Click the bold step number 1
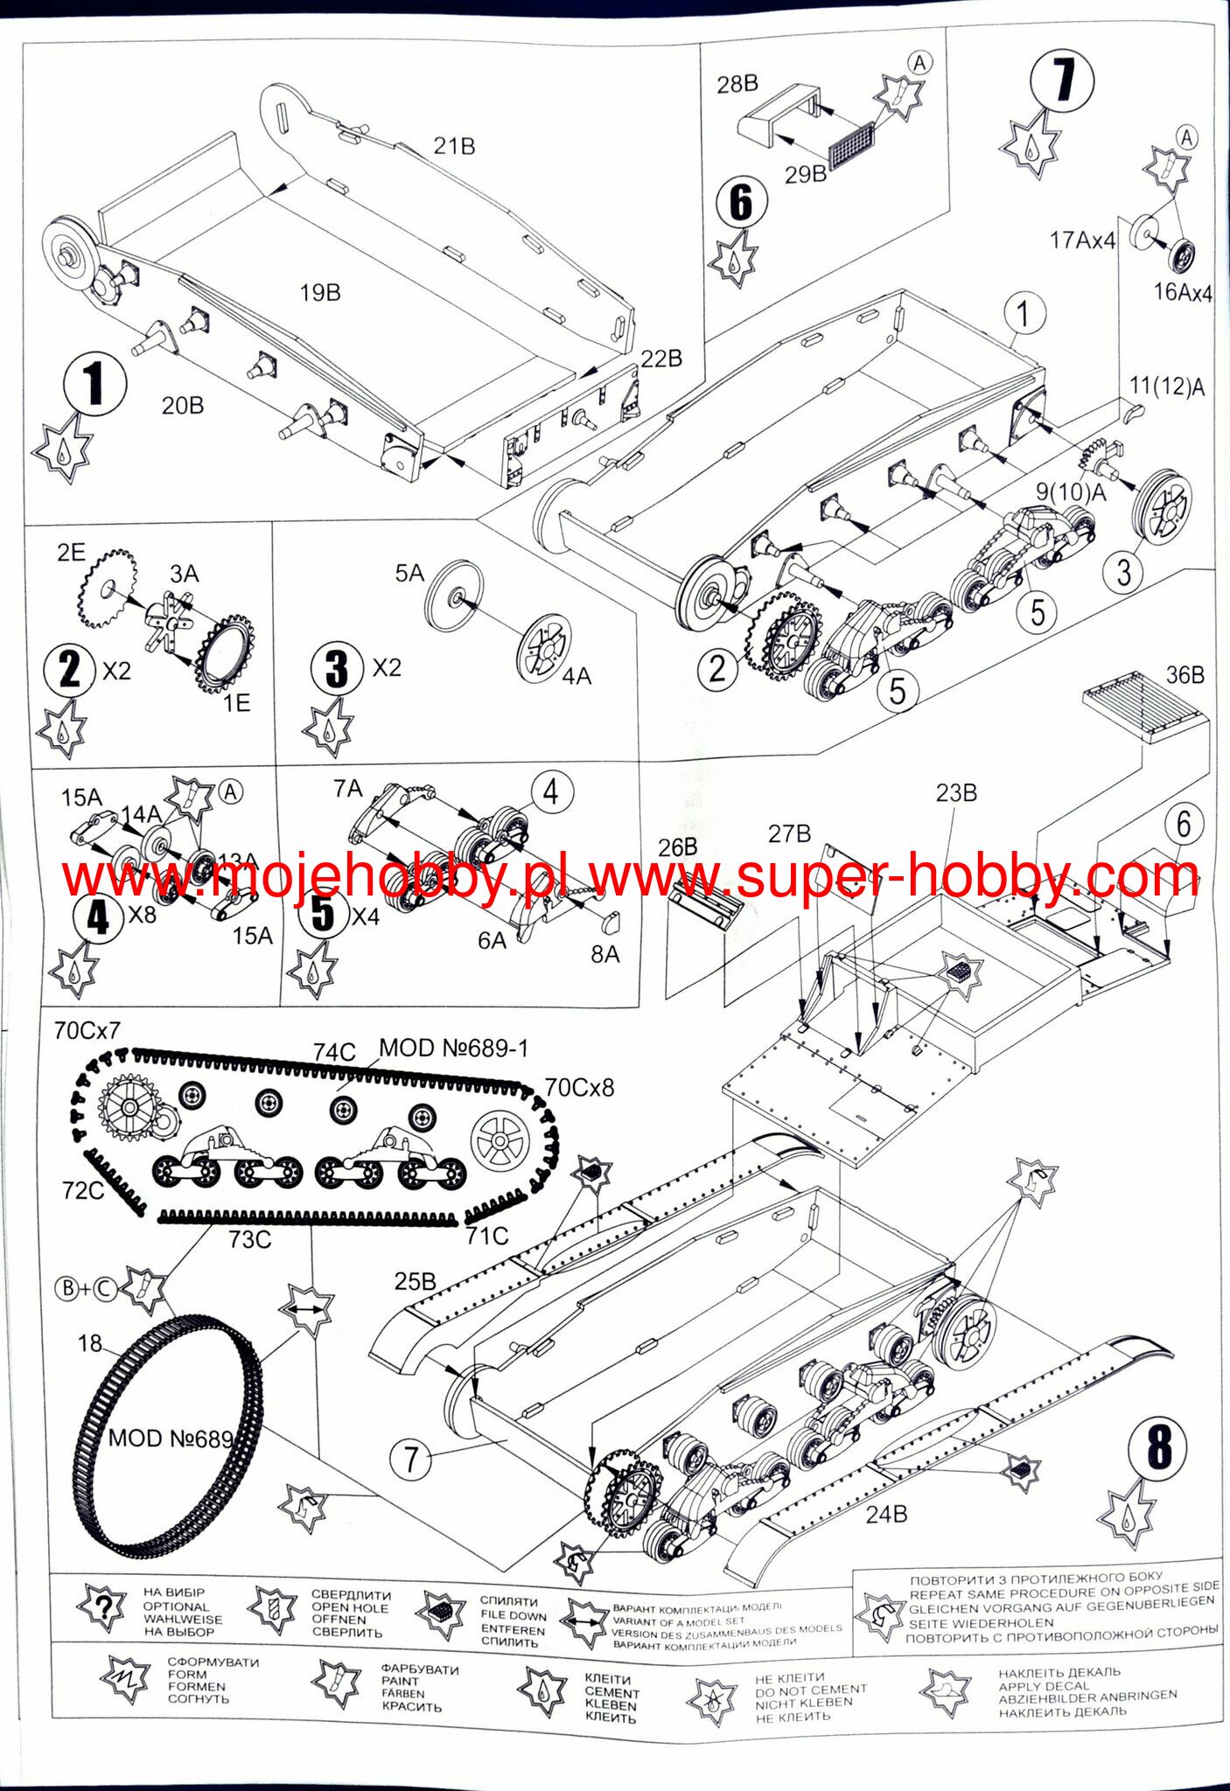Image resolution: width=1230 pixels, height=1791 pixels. point(94,384)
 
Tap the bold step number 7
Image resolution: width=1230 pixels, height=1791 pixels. point(1063,81)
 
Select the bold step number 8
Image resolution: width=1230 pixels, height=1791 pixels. point(1158,1448)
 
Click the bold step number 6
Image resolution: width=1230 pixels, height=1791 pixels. point(741,203)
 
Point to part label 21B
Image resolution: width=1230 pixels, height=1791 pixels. point(454,146)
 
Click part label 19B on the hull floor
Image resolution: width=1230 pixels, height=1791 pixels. point(320,293)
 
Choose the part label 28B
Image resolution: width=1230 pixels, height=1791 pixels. point(737,84)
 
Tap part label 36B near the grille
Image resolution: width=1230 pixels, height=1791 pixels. point(1185,675)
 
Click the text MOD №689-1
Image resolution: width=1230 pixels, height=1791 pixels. point(453,1048)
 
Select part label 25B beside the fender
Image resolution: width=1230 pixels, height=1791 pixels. point(415,1281)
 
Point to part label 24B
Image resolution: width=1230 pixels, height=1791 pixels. point(886,1514)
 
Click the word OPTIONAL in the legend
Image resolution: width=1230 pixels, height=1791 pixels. point(176,1606)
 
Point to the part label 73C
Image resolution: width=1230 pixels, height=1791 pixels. point(250,1239)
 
